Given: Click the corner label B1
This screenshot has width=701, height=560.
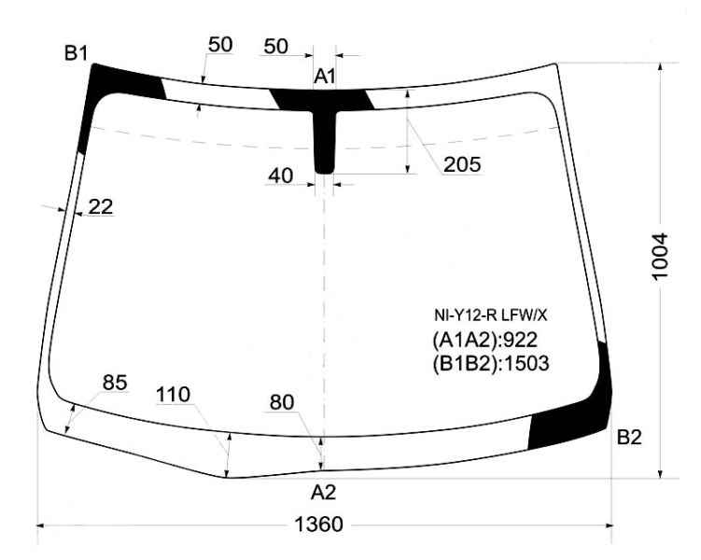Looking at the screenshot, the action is pyautogui.click(x=76, y=53).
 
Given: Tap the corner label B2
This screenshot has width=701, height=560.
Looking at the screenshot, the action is pyautogui.click(x=629, y=437).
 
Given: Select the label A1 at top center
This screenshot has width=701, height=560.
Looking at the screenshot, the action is pyautogui.click(x=325, y=77).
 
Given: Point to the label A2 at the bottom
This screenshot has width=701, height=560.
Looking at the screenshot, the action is pyautogui.click(x=323, y=493).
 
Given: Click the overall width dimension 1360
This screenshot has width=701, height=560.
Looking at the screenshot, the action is pyautogui.click(x=318, y=525).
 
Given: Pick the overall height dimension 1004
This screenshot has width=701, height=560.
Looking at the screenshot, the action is pyautogui.click(x=660, y=257).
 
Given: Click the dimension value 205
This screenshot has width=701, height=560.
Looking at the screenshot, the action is pyautogui.click(x=462, y=164).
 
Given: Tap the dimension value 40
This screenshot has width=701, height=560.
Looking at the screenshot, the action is pyautogui.click(x=281, y=175).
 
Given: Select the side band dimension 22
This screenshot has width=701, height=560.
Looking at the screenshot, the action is pyautogui.click(x=101, y=206).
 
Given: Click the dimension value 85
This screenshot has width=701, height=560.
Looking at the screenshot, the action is pyautogui.click(x=115, y=383).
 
